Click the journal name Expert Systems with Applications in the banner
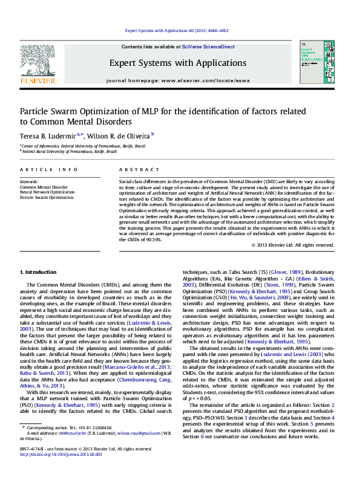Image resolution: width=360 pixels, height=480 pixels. (178, 63)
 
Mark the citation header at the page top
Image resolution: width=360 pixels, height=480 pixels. (177, 30)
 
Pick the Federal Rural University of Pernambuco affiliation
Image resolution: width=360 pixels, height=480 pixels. (69, 152)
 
